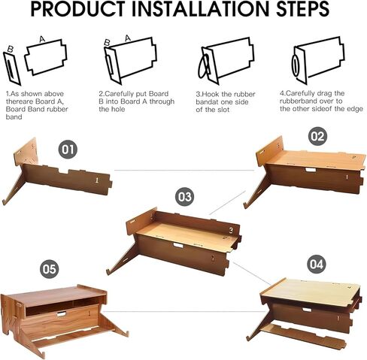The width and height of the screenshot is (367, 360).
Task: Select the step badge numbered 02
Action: (x=317, y=137)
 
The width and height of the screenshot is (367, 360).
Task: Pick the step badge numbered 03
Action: (x=184, y=197)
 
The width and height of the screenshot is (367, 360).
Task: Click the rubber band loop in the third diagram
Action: (x=204, y=65)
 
